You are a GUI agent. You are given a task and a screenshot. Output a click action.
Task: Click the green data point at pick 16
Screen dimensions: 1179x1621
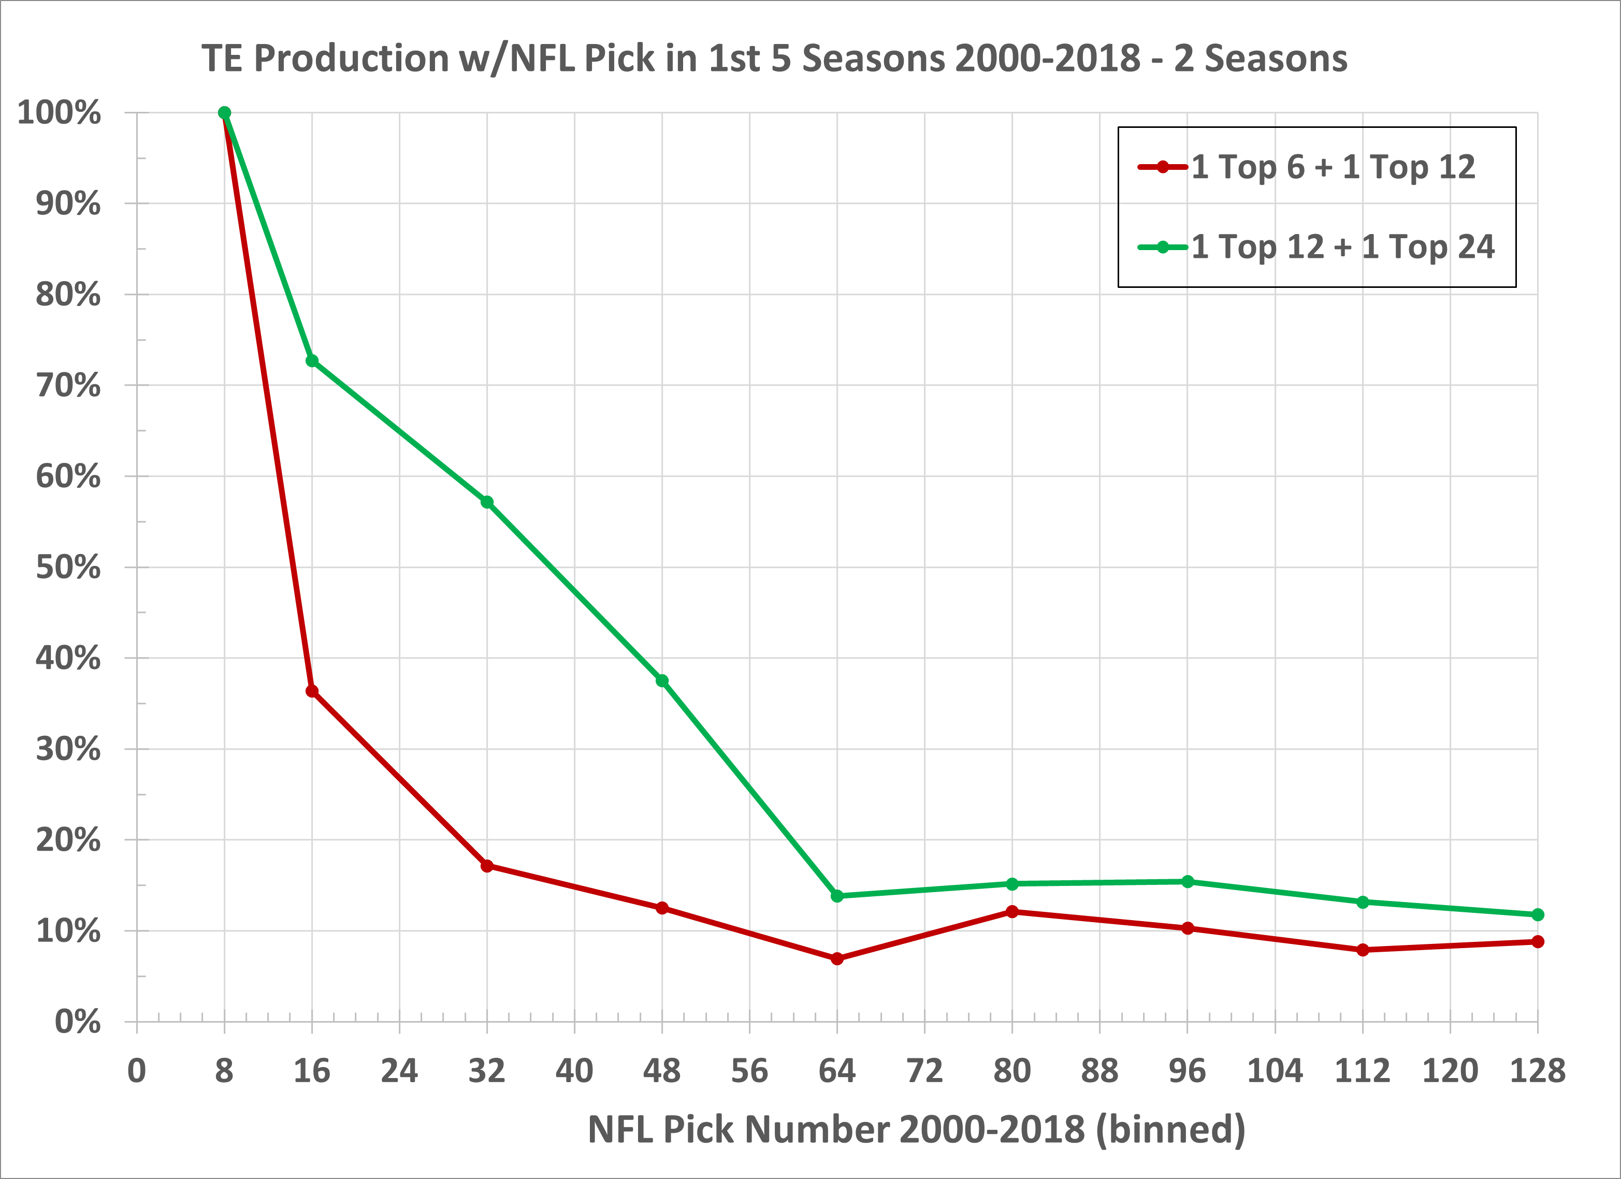pyautogui.click(x=312, y=361)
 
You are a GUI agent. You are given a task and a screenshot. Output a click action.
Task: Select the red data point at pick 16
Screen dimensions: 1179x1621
pyautogui.click(x=312, y=691)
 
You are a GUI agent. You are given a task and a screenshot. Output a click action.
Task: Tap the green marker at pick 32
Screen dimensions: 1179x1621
pyautogui.click(x=487, y=502)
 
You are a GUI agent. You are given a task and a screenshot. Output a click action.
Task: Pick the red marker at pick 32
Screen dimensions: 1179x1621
pyautogui.click(x=487, y=866)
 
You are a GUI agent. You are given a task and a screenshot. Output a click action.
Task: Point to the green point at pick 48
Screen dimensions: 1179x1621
pyautogui.click(x=662, y=681)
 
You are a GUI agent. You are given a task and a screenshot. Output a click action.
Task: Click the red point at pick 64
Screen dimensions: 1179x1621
pyautogui.click(x=837, y=959)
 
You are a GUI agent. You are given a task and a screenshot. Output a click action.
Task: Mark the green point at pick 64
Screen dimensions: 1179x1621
pyautogui.click(x=837, y=896)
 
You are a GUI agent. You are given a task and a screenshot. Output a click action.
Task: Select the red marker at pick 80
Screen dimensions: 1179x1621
pyautogui.click(x=1012, y=912)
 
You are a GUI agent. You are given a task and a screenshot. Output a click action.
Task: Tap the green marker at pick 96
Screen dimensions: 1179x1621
pyautogui.click(x=1187, y=882)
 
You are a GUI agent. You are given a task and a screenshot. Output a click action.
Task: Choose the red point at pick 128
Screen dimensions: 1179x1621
pyautogui.click(x=1538, y=942)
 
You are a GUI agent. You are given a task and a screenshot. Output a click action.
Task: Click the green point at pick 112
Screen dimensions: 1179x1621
pyautogui.click(x=1362, y=903)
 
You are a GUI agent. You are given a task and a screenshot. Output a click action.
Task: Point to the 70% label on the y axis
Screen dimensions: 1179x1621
pyautogui.click(x=68, y=386)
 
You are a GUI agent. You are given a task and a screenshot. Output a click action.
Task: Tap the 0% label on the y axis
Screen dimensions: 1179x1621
pyautogui.click(x=77, y=1022)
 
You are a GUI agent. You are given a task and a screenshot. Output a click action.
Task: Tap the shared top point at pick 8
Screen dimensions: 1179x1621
pyautogui.click(x=224, y=113)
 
